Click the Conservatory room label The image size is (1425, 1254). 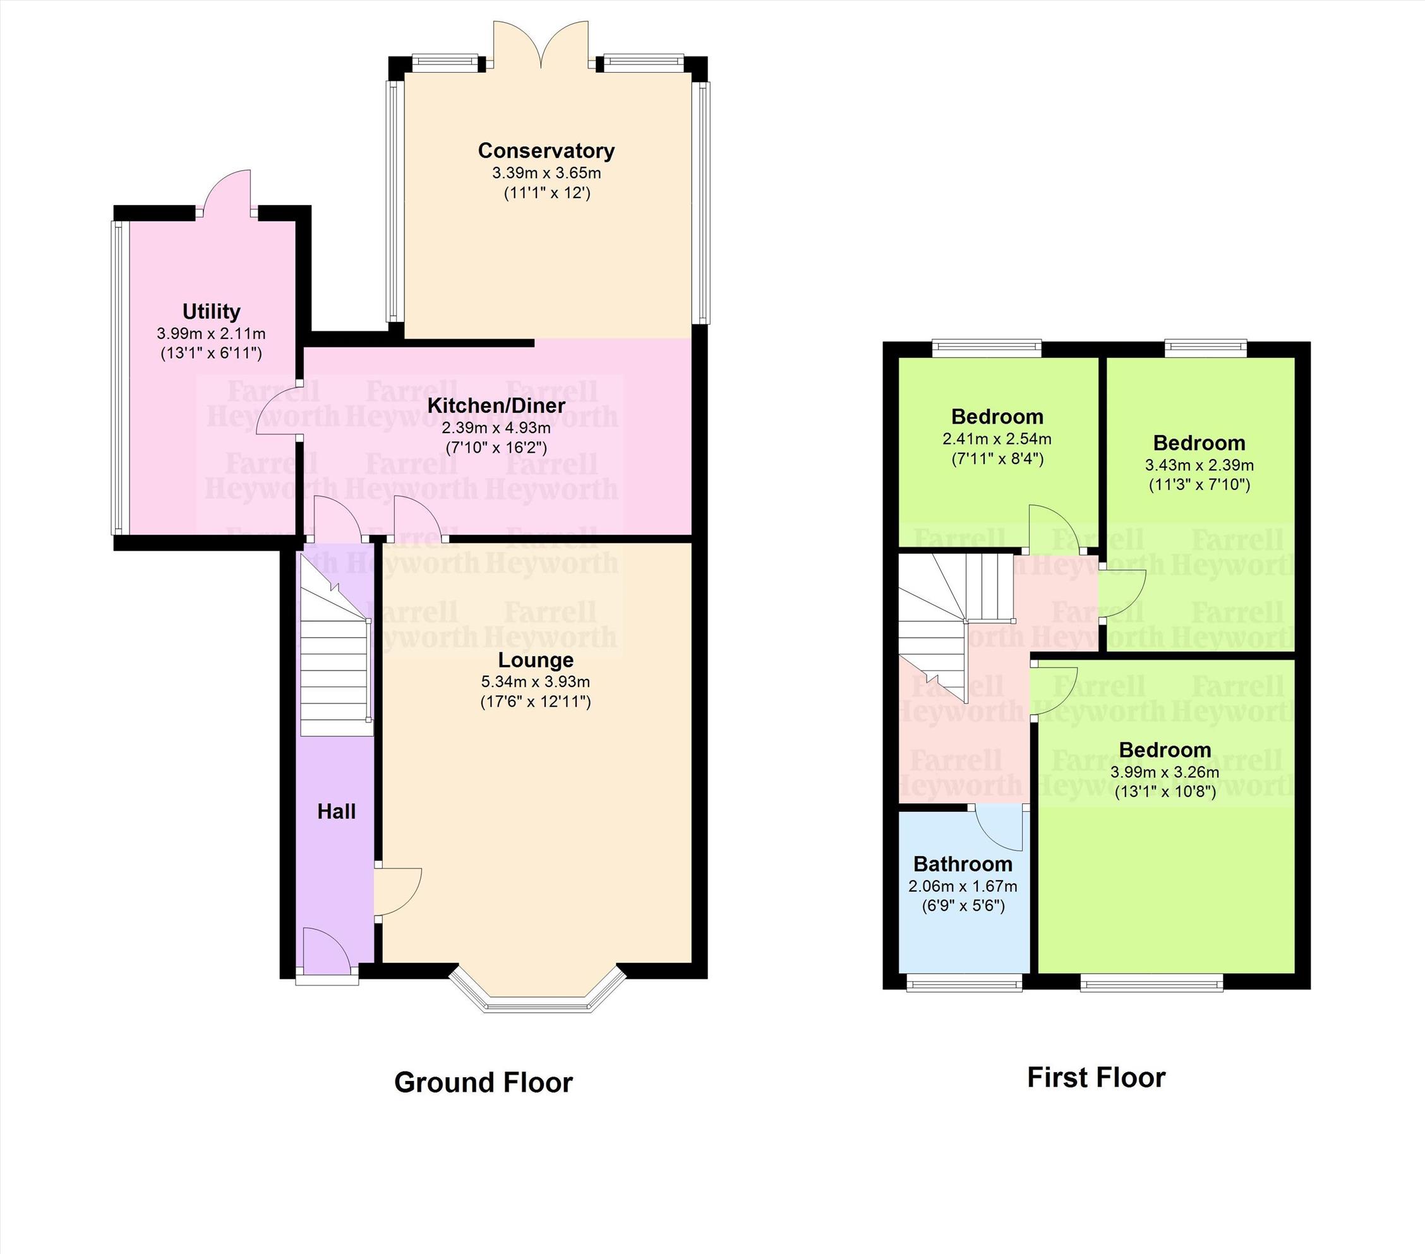(x=546, y=150)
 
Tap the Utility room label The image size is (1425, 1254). (x=211, y=311)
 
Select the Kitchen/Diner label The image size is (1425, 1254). (x=496, y=405)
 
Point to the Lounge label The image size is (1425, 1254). (x=536, y=659)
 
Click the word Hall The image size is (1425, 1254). (x=337, y=811)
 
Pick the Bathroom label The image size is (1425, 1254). (x=963, y=864)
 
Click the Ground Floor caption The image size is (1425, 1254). (x=483, y=1082)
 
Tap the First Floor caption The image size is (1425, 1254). (x=1096, y=1078)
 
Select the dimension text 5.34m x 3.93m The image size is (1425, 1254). (x=536, y=682)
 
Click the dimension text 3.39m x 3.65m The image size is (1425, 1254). (x=546, y=173)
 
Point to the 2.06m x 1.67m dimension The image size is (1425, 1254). (x=963, y=887)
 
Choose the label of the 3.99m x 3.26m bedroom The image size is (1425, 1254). (x=1165, y=750)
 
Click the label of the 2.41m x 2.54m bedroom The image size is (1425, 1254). (x=997, y=417)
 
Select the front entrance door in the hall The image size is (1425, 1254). (x=328, y=953)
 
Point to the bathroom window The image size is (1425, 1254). (x=964, y=983)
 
